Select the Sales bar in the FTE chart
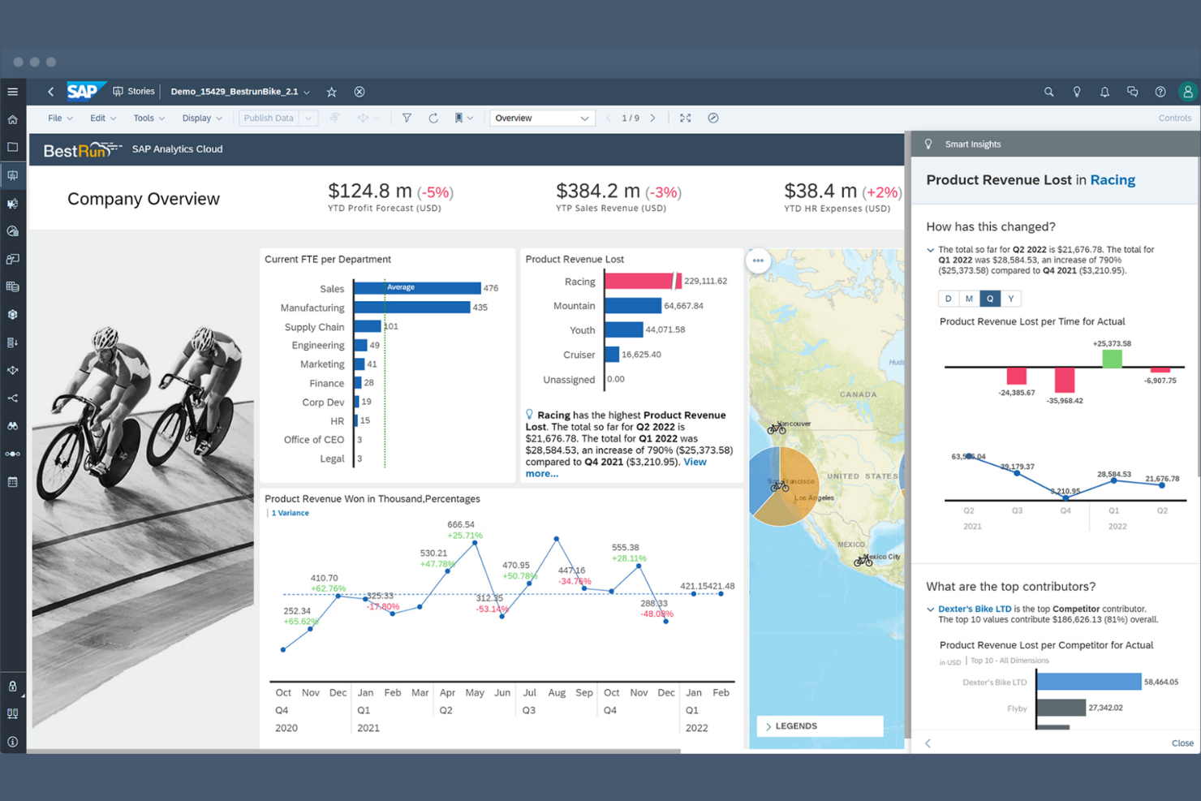click(417, 288)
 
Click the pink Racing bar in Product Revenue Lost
click(639, 281)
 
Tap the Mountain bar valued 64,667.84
click(632, 306)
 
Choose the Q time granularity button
click(989, 299)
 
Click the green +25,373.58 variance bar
click(1112, 359)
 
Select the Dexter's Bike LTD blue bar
click(1088, 682)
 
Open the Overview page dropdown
click(541, 118)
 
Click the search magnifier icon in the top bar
click(1048, 92)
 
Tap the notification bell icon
click(1104, 92)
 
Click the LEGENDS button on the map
click(820, 726)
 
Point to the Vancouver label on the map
click(794, 424)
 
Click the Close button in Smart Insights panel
click(1182, 743)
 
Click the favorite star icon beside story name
click(331, 92)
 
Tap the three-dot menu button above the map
click(758, 261)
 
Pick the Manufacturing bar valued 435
click(411, 308)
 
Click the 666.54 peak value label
click(461, 524)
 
